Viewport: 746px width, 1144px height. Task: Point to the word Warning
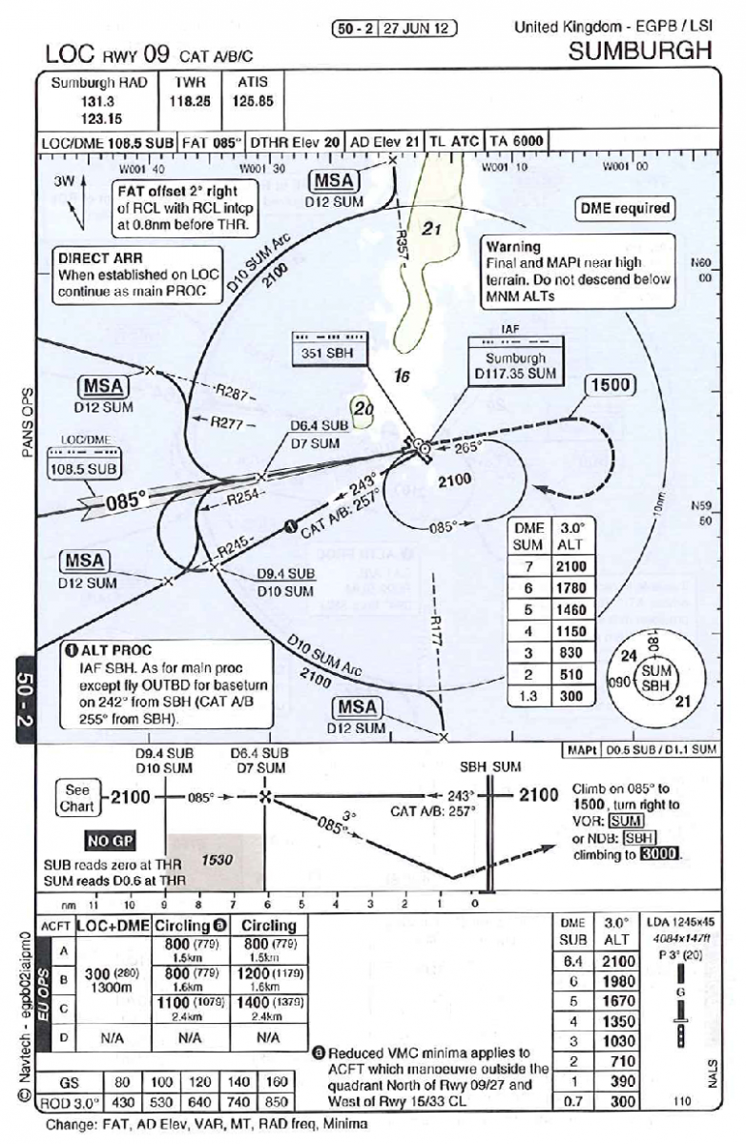(513, 246)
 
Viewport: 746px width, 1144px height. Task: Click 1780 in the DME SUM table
(570, 588)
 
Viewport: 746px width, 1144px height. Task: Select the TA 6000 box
(517, 141)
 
